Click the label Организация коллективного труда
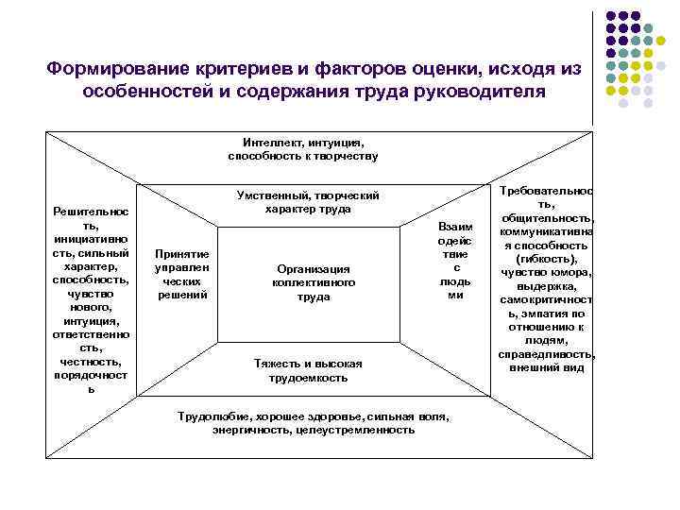click(313, 282)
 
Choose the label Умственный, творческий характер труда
click(308, 201)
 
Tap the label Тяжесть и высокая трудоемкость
click(308, 370)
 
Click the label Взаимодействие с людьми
click(455, 261)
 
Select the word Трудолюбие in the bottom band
click(209, 416)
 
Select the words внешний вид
click(547, 367)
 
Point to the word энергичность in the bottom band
click(249, 430)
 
